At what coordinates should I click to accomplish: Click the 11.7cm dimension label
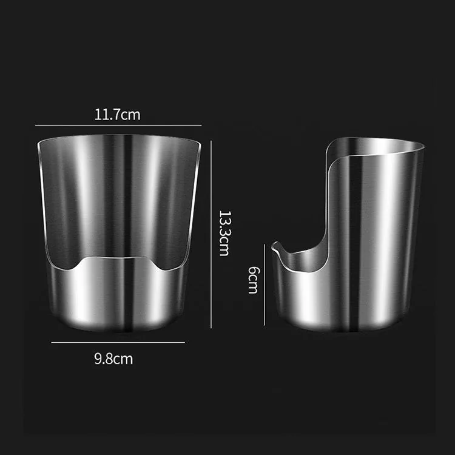tap(117, 114)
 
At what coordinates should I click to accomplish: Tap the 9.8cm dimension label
tap(113, 359)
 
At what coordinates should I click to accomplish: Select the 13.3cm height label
tap(224, 234)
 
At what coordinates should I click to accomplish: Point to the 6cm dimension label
tap(254, 280)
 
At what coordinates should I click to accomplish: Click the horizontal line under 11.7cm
tap(118, 126)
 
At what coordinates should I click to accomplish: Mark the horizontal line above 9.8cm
tap(118, 342)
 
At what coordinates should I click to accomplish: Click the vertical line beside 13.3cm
tap(211, 234)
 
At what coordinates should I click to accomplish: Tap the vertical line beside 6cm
tap(265, 285)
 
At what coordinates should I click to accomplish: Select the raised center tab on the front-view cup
tap(118, 260)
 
